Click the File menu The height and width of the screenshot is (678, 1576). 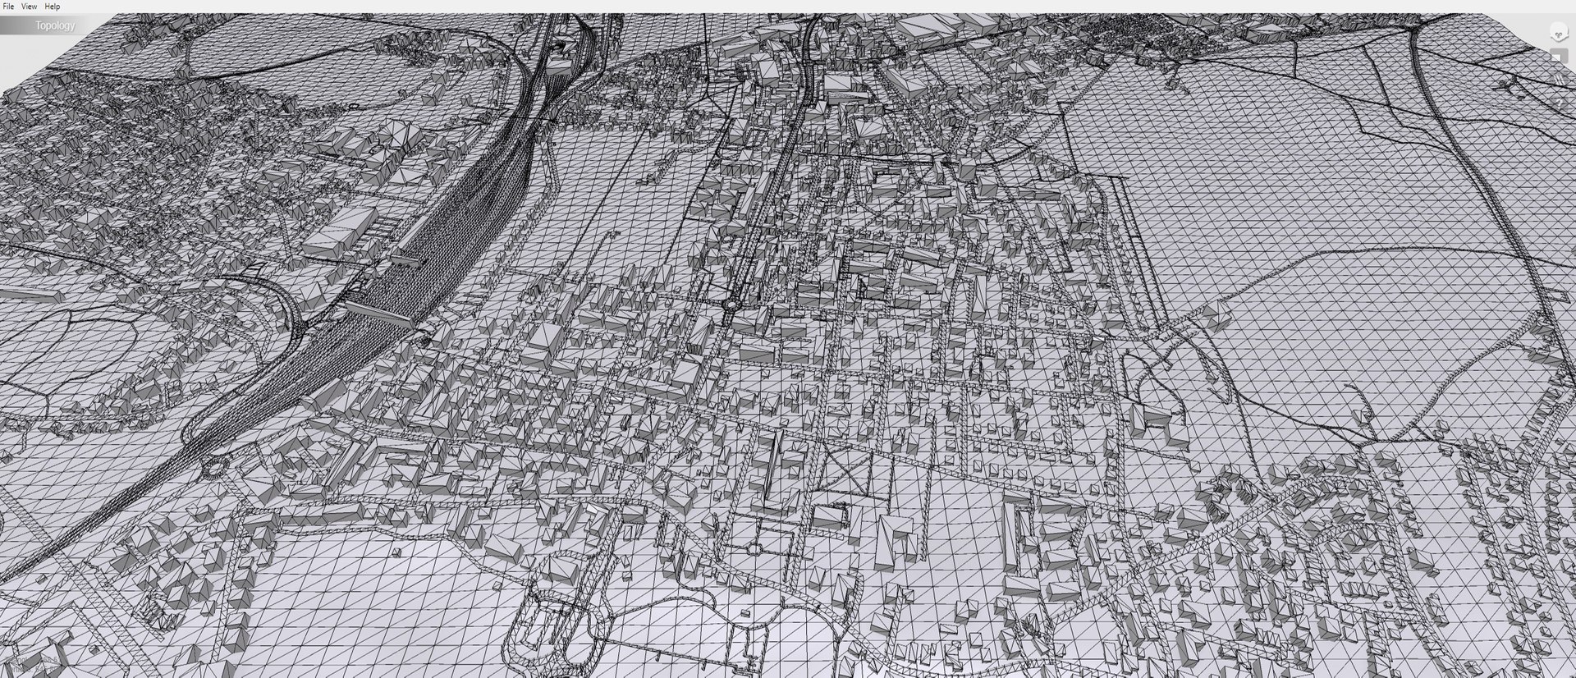[x=8, y=7]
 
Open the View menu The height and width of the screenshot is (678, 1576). [x=29, y=7]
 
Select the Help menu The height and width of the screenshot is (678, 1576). [x=53, y=7]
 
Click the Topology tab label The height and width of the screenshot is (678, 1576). [x=55, y=25]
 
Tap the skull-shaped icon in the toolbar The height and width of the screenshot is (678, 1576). [x=1557, y=33]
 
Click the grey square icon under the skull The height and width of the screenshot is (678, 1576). [x=1556, y=56]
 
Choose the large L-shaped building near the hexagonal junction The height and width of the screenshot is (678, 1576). [x=895, y=542]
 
